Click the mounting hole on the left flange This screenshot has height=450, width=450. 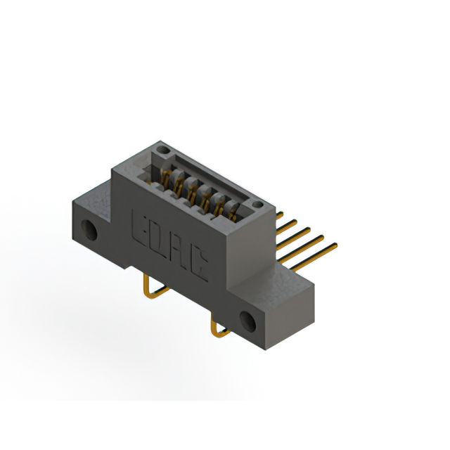[x=89, y=230]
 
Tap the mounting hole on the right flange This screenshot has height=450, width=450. [x=247, y=322]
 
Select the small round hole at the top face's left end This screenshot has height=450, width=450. [x=162, y=150]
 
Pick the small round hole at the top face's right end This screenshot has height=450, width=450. [x=257, y=205]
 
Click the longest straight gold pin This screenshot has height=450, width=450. [x=314, y=257]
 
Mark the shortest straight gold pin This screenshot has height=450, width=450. [x=280, y=215]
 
